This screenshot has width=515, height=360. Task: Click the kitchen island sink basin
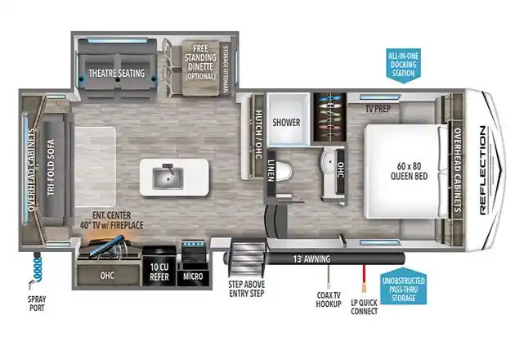(168, 178)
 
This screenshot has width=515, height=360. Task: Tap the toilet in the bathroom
(283, 171)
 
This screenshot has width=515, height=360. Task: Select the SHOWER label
(286, 123)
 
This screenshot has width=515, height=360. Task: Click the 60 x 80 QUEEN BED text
(409, 171)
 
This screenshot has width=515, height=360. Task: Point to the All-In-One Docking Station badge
(403, 65)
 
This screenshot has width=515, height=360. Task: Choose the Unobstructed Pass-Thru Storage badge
(404, 287)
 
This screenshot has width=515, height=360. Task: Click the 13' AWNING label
(311, 259)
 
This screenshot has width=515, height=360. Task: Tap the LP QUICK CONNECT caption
(364, 307)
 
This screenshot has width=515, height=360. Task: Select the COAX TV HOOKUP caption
(329, 299)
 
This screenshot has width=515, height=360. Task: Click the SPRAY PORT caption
(37, 304)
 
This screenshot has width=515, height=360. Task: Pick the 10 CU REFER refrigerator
(159, 266)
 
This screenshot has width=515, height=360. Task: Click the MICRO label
(193, 277)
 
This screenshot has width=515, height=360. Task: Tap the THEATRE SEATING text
(117, 73)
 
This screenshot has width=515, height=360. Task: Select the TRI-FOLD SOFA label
(51, 168)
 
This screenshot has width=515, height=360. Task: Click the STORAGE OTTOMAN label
(226, 70)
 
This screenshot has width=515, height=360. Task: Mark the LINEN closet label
(271, 171)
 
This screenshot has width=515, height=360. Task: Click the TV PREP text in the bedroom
(378, 109)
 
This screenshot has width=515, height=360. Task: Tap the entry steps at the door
(248, 259)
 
